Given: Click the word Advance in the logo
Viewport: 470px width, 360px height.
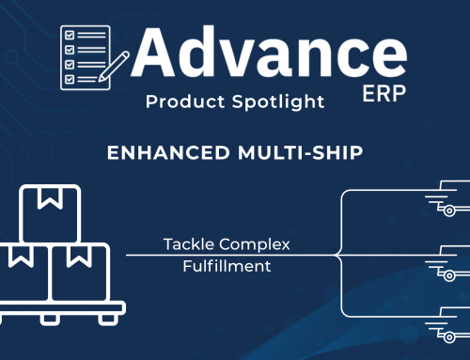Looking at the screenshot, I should pos(268,54).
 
